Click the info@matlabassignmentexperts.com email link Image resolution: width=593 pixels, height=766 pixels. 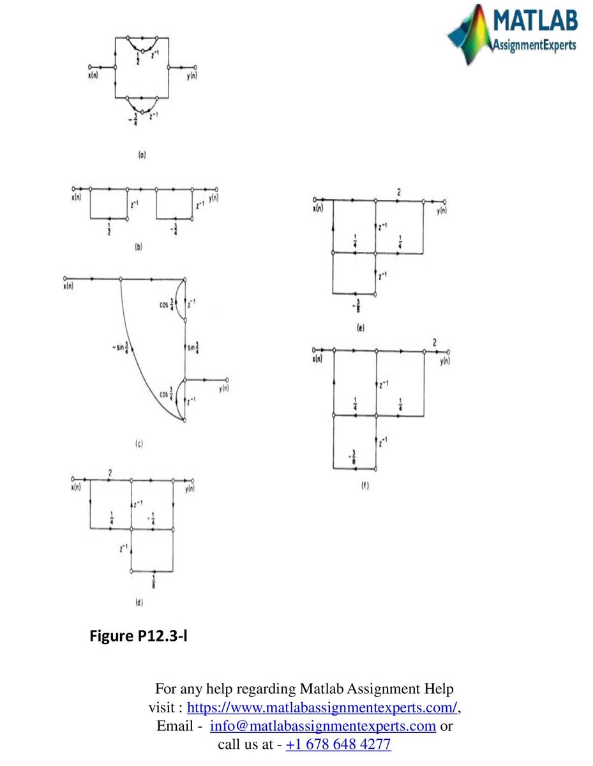pyautogui.click(x=322, y=726)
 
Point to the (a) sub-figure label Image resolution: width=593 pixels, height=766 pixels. pyautogui.click(x=141, y=154)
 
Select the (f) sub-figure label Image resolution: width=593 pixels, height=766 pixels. pyautogui.click(x=365, y=485)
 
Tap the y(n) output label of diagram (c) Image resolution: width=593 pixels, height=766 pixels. pyautogui.click(x=223, y=388)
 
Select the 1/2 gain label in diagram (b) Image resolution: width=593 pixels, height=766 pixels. pyautogui.click(x=109, y=230)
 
